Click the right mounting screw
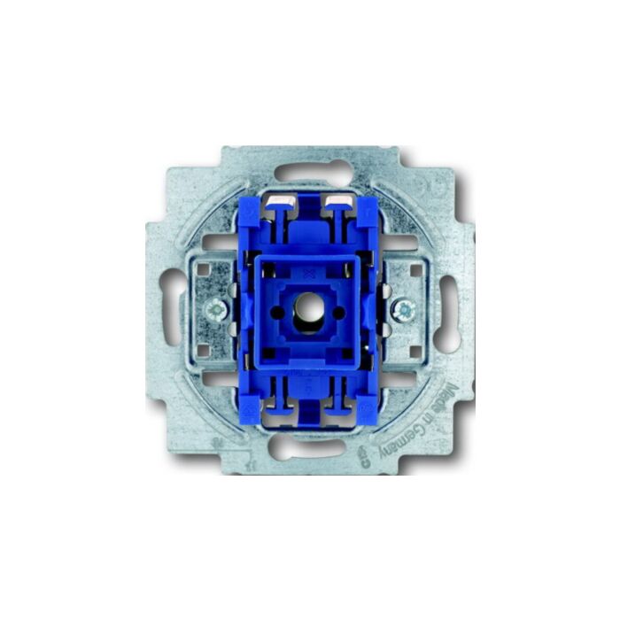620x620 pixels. pos(405,309)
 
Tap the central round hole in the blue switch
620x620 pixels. pos(309,314)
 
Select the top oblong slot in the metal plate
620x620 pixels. pos(309,172)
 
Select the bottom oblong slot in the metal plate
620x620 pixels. pos(309,448)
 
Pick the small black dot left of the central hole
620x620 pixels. pos(285,314)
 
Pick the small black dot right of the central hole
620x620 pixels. pos(334,314)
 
